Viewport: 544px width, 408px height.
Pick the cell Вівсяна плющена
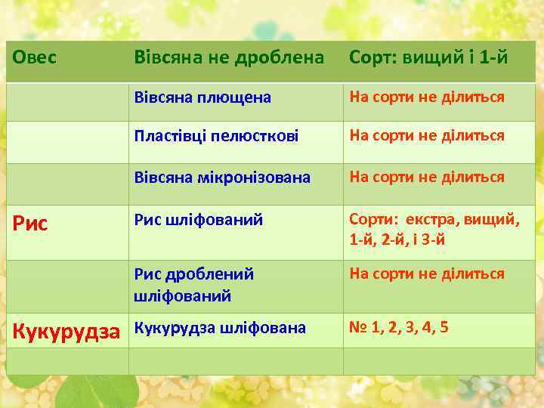pyautogui.click(x=202, y=98)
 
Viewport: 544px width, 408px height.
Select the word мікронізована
pyautogui.click(x=263, y=178)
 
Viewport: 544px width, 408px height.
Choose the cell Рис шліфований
pyautogui.click(x=199, y=220)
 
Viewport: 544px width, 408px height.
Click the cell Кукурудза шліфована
pyautogui.click(x=220, y=328)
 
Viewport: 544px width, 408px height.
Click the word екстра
pyautogui.click(x=431, y=220)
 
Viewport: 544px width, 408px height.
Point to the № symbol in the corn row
pyautogui.click(x=358, y=328)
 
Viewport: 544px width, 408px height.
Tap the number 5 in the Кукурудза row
pyautogui.click(x=444, y=328)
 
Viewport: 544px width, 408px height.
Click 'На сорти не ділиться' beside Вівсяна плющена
pyautogui.click(x=426, y=97)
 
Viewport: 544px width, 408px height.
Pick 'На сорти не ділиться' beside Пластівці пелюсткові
pyautogui.click(x=426, y=137)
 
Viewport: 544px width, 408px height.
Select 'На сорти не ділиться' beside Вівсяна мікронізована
pyautogui.click(x=426, y=178)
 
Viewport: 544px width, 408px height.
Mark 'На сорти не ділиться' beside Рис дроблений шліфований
pyautogui.click(x=426, y=274)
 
